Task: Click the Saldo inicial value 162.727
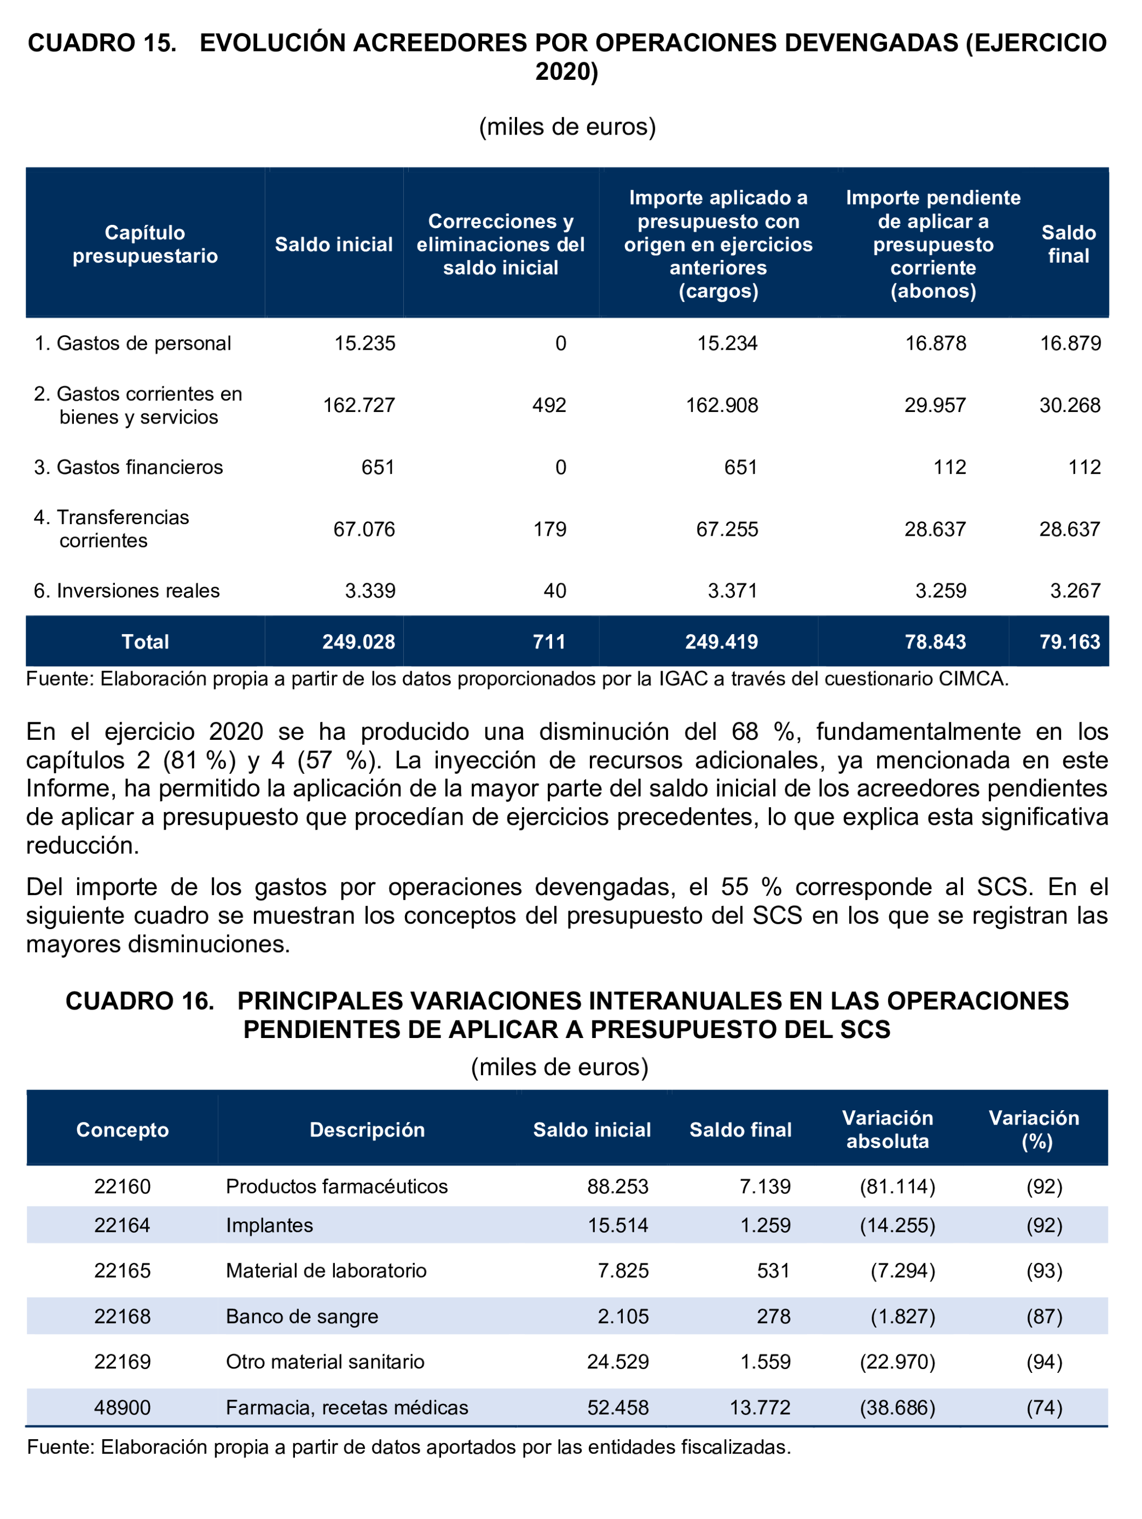pyautogui.click(x=358, y=405)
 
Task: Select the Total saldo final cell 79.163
pyautogui.click(x=1069, y=641)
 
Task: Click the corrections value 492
pyautogui.click(x=549, y=405)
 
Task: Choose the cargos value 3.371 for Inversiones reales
pyautogui.click(x=732, y=590)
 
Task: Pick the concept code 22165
pyautogui.click(x=122, y=1271)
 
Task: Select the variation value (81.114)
pyautogui.click(x=897, y=1187)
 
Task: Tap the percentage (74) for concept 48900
pyautogui.click(x=1044, y=1408)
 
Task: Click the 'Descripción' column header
pyautogui.click(x=367, y=1129)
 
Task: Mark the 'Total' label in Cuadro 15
pyautogui.click(x=145, y=641)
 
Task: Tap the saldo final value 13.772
pyautogui.click(x=760, y=1408)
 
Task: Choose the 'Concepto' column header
pyautogui.click(x=122, y=1129)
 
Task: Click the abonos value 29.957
pyautogui.click(x=935, y=405)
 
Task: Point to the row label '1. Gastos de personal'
pyautogui.click(x=132, y=343)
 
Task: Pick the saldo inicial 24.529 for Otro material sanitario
pyautogui.click(x=617, y=1362)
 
